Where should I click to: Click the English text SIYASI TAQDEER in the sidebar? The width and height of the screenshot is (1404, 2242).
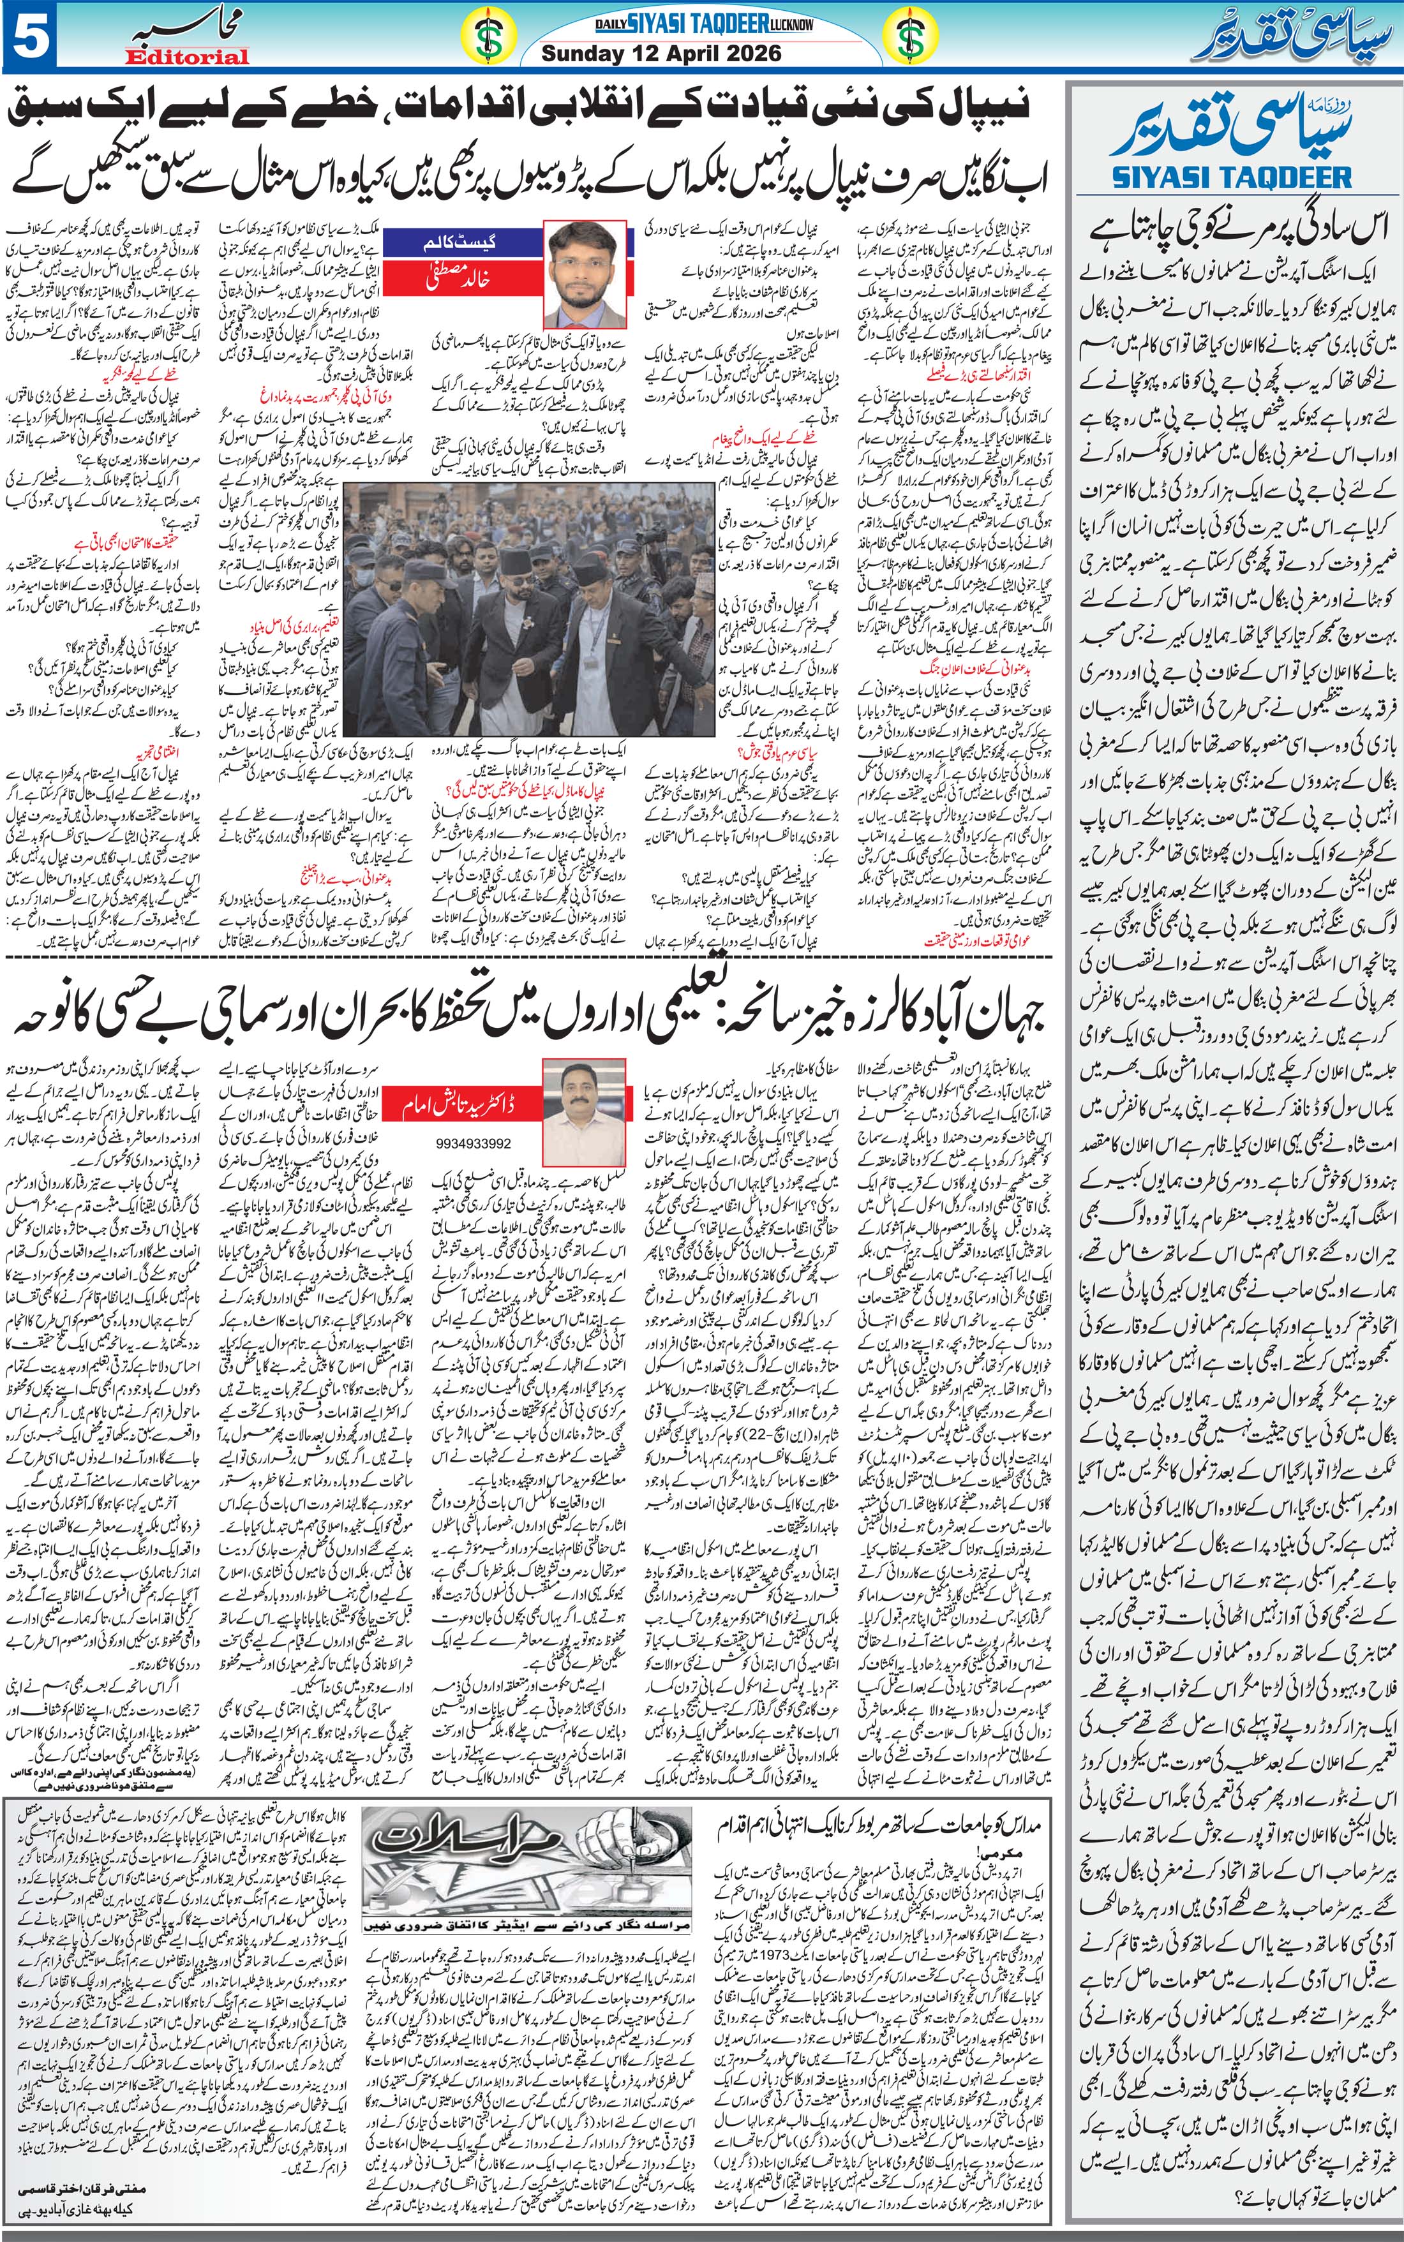coord(1231,175)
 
